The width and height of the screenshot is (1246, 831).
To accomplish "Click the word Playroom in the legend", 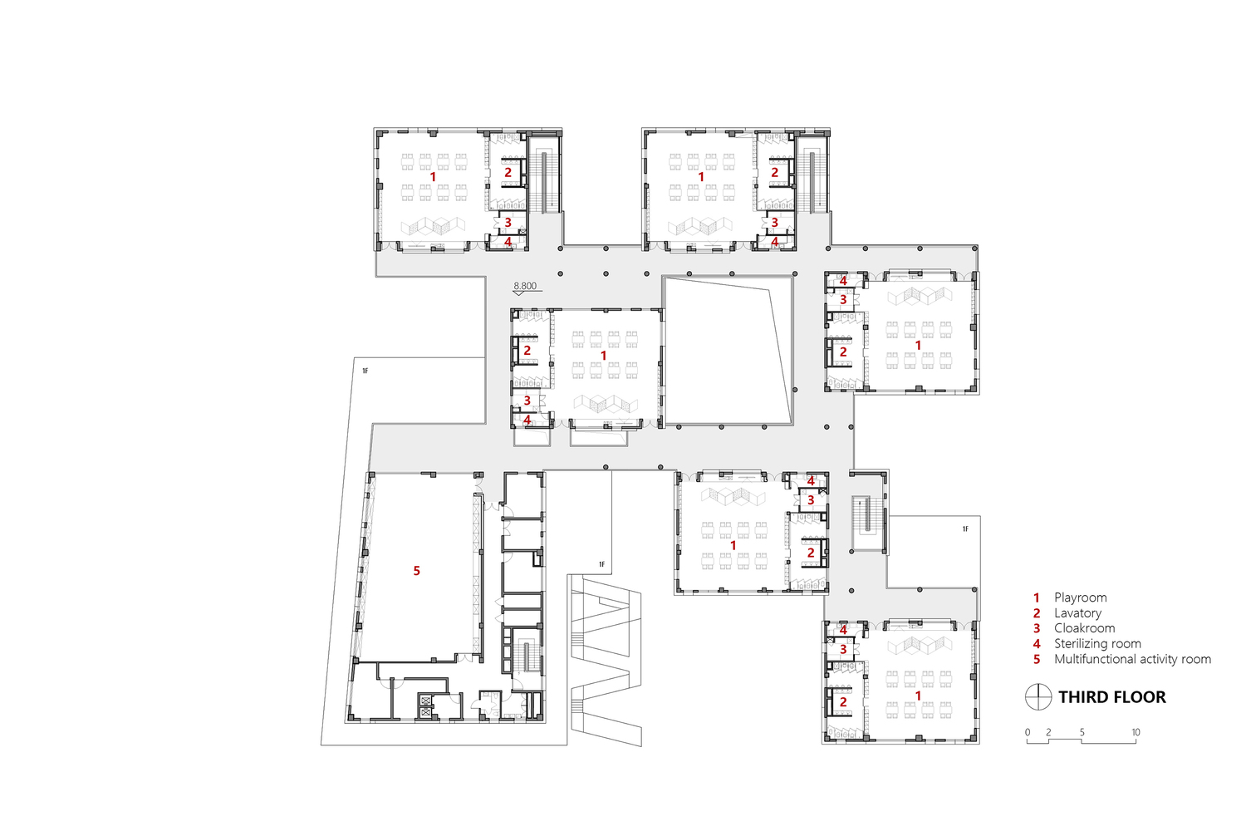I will [1080, 597].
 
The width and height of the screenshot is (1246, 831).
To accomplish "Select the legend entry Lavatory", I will [1077, 613].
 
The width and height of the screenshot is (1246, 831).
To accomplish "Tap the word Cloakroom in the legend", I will [1084, 628].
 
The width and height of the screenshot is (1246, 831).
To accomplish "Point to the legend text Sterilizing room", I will [1097, 644].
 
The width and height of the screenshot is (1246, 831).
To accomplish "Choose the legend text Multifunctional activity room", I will [1132, 659].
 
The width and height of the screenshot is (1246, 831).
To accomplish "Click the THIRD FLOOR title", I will [1111, 697].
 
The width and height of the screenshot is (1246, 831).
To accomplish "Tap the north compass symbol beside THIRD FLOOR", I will [1038, 697].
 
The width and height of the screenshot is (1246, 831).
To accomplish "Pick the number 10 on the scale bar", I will [1136, 732].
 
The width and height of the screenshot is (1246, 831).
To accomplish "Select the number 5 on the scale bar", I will [1082, 732].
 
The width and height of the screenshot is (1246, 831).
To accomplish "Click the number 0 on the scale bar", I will [1028, 732].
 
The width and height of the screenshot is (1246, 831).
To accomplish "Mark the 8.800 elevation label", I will [525, 286].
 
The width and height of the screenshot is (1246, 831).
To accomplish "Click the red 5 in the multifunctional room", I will [417, 571].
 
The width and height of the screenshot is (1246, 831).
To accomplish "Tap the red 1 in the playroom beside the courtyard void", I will [604, 356].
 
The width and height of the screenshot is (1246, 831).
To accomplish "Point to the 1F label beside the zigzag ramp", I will [602, 565].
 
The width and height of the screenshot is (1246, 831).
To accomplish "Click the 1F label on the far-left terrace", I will [365, 371].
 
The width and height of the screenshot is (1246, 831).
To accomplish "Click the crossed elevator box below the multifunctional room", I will [427, 708].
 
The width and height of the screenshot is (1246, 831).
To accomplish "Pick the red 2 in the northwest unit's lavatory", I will [508, 173].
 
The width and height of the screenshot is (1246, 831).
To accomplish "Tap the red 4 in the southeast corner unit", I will [843, 630].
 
